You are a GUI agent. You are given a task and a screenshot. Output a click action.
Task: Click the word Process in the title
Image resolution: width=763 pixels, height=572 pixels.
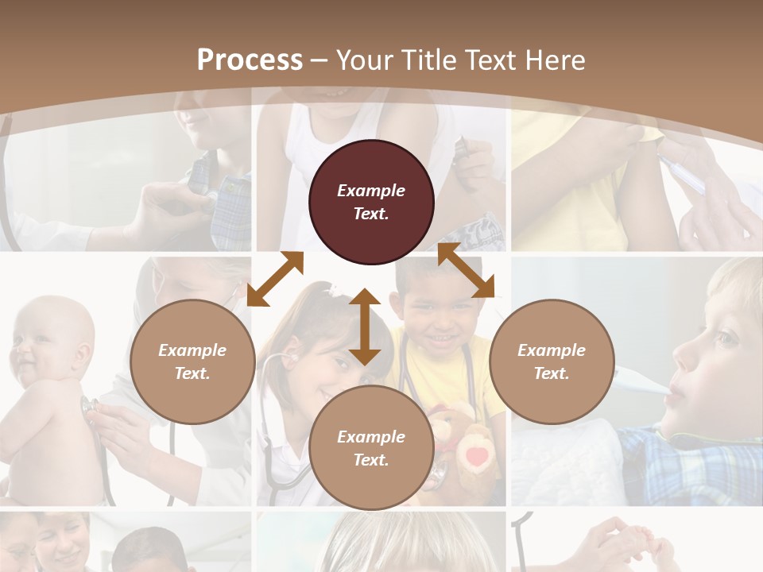pyautogui.click(x=250, y=60)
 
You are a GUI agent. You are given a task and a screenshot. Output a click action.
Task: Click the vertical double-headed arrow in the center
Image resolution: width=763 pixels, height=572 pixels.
pyautogui.click(x=365, y=327)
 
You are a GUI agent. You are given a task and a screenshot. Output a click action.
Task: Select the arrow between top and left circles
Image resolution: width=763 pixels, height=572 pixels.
pyautogui.click(x=275, y=279)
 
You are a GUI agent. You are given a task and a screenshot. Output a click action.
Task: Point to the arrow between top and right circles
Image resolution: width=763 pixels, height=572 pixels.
pyautogui.click(x=466, y=270)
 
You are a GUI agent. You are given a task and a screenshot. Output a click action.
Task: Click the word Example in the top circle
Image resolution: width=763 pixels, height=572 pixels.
pyautogui.click(x=371, y=191)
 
